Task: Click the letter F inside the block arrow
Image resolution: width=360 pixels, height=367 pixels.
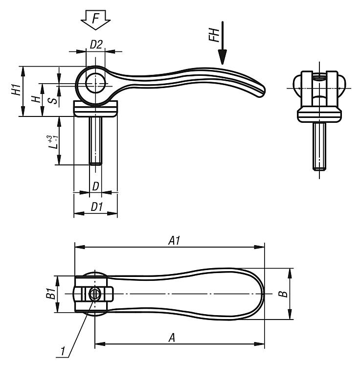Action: click(x=95, y=19)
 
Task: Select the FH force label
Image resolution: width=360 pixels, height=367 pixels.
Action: click(x=214, y=35)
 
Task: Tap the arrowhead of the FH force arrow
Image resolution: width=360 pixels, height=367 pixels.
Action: click(x=223, y=57)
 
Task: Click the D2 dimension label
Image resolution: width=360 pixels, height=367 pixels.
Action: click(x=96, y=44)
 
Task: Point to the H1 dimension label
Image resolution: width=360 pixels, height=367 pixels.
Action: click(x=16, y=90)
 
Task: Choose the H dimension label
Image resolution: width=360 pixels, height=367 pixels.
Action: click(x=36, y=99)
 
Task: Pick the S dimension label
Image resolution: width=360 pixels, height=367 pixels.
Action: click(x=53, y=101)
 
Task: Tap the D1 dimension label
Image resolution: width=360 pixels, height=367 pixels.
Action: click(x=97, y=207)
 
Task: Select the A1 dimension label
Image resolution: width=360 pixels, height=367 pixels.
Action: click(x=174, y=241)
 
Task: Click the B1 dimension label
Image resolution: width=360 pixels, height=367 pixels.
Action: click(x=50, y=294)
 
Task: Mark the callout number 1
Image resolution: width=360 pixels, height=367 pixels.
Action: click(x=63, y=351)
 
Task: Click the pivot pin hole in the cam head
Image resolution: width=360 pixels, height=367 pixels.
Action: click(x=95, y=83)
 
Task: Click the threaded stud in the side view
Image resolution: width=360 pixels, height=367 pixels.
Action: click(x=95, y=140)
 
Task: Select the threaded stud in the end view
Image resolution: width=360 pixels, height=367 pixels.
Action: click(x=319, y=146)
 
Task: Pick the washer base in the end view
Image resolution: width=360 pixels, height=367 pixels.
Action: click(x=319, y=115)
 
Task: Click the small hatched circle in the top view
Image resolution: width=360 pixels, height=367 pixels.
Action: click(x=94, y=294)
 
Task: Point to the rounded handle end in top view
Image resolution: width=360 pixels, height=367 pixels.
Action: click(x=260, y=294)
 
